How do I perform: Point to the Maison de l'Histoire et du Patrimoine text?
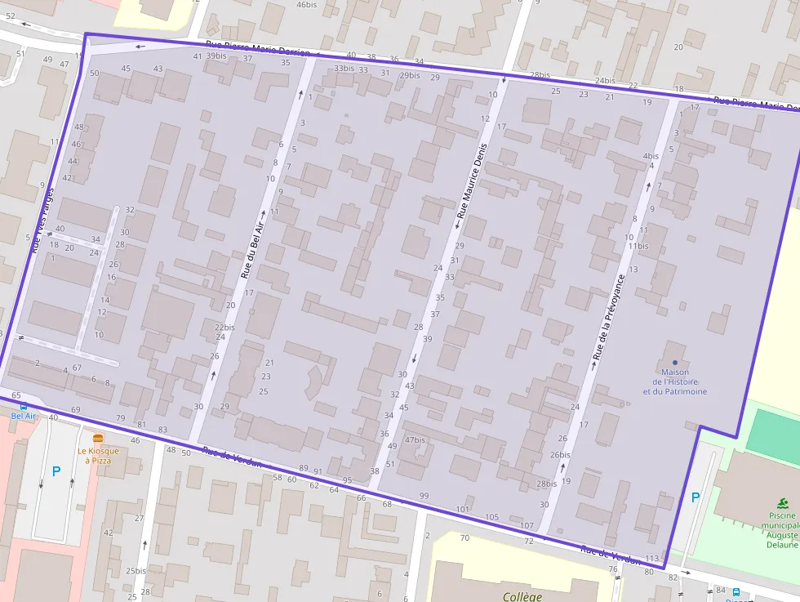coord(674,381)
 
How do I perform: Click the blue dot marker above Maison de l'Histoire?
coord(674,362)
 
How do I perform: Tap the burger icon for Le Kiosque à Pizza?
coord(98,439)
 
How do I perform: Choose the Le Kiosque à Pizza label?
coord(98,455)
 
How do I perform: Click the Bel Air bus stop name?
coord(24,416)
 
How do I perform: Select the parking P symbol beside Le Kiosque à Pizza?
coord(56,471)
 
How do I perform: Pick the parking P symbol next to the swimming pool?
coord(695,497)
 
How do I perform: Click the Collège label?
coord(522,596)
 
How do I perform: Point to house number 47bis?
coord(416,440)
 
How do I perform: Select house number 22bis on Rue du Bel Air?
coord(224,327)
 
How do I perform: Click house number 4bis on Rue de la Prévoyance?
coord(651,156)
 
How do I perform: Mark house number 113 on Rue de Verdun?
coord(651,559)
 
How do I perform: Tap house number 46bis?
coord(306,5)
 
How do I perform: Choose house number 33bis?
coord(344,69)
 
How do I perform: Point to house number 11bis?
coord(638,246)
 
